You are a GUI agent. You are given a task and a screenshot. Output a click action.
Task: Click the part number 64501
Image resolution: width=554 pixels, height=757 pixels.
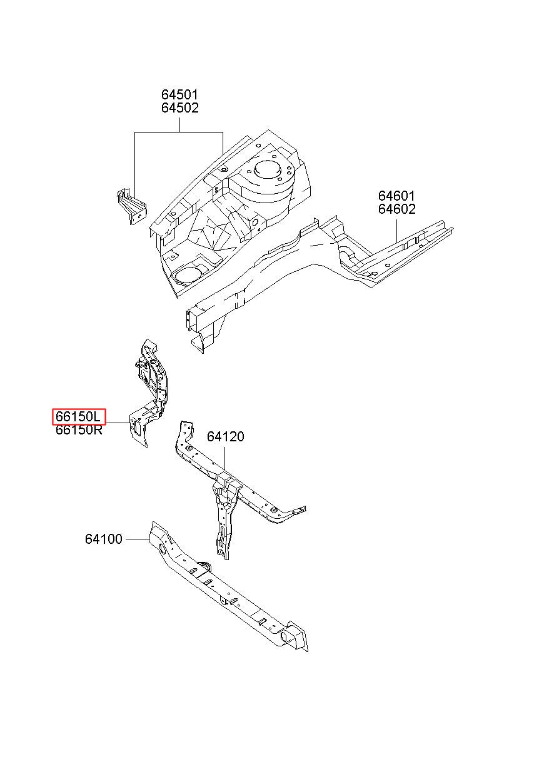click(x=179, y=94)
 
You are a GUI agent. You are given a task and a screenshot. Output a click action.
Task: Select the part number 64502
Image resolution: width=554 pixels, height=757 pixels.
click(x=179, y=108)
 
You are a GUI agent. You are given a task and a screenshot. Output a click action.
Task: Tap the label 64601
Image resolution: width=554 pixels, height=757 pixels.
click(x=396, y=196)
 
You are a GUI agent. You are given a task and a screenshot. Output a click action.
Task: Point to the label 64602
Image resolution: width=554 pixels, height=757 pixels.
click(x=396, y=209)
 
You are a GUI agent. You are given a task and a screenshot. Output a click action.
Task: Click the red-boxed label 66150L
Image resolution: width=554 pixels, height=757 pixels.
click(x=78, y=416)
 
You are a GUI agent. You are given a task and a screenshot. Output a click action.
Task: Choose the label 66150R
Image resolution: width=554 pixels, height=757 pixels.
click(x=78, y=430)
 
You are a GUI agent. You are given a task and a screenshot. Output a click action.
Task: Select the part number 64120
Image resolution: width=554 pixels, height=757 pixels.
click(x=226, y=436)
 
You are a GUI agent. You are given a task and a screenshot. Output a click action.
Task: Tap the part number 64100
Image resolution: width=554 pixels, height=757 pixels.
click(x=103, y=539)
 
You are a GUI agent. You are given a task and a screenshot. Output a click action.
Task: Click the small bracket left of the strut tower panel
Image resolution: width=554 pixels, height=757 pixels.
click(x=132, y=206)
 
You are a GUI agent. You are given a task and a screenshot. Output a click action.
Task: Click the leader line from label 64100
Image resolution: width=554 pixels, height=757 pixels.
click(x=137, y=539)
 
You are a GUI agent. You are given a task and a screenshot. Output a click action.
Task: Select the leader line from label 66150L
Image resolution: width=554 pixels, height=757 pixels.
click(x=118, y=423)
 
